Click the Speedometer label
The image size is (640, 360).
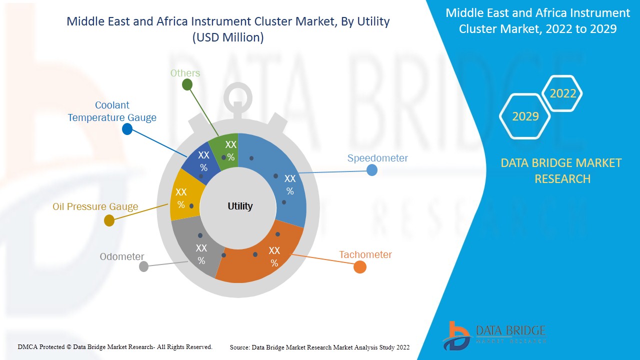[377, 158]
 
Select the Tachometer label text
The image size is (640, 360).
[365, 254]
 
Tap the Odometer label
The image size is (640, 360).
[121, 256]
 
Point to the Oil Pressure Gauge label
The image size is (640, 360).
[95, 207]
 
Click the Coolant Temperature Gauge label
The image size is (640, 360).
[112, 111]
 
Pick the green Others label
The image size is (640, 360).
[185, 73]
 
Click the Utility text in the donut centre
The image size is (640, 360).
[240, 206]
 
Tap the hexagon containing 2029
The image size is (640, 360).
[525, 116]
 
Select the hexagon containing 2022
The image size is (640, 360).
[562, 93]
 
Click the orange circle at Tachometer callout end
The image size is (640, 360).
[359, 267]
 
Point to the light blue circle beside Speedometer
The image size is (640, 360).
[371, 170]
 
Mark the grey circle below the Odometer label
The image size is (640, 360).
[143, 266]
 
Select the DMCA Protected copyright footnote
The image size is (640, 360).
[115, 346]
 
